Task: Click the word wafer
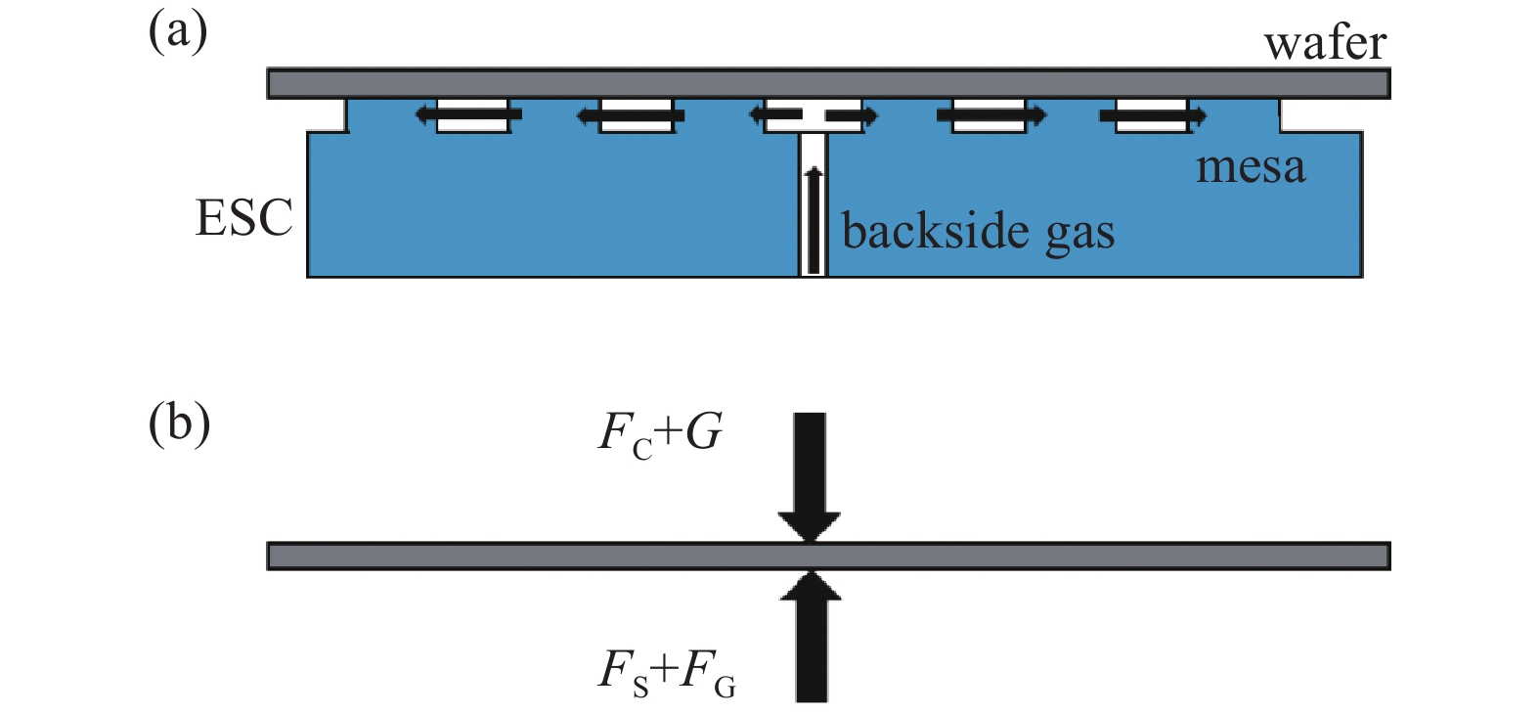pos(1325,44)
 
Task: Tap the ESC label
pos(244,217)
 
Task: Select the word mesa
pos(1251,167)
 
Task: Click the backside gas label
pos(978,233)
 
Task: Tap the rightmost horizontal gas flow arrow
pos(1153,116)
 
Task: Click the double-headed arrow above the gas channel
pos(814,115)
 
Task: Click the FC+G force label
pos(660,433)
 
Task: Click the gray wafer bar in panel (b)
pos(587,556)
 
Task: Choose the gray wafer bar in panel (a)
pos(587,83)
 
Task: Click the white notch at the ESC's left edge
pos(327,115)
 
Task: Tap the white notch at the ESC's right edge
pos(1320,115)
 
